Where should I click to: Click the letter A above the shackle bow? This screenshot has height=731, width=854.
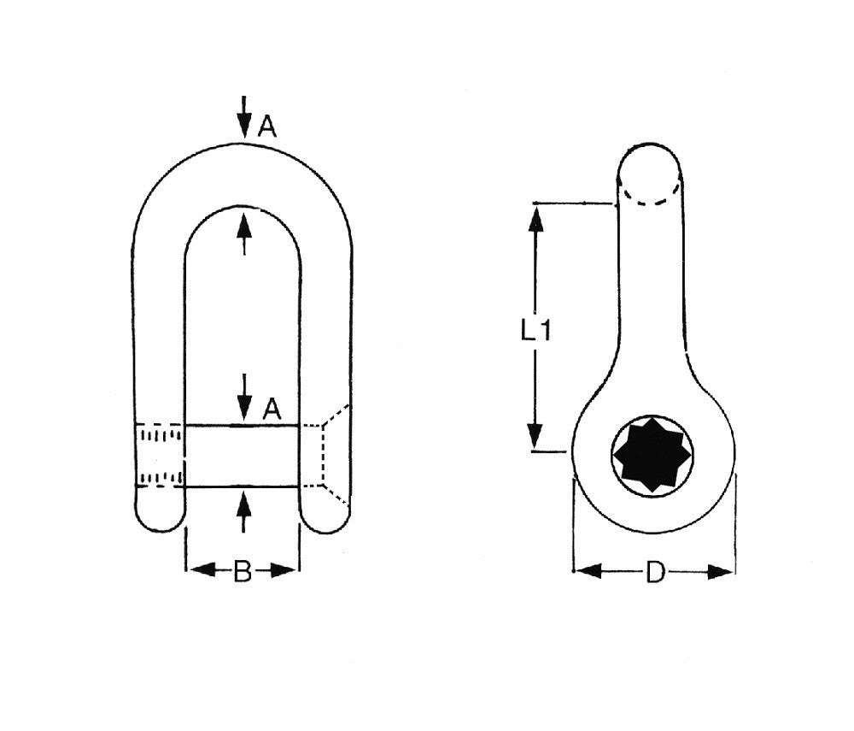pyautogui.click(x=267, y=127)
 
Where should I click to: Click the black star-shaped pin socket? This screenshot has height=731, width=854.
pyautogui.click(x=653, y=455)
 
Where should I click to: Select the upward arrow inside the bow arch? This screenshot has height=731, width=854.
pyautogui.click(x=244, y=229)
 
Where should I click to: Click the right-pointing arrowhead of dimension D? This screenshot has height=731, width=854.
pyautogui.click(x=725, y=571)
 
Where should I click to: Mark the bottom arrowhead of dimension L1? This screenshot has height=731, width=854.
pyautogui.click(x=535, y=438)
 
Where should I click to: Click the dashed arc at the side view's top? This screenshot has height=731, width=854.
pyautogui.click(x=649, y=198)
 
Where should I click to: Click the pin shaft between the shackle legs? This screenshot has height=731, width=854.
pyautogui.click(x=242, y=456)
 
